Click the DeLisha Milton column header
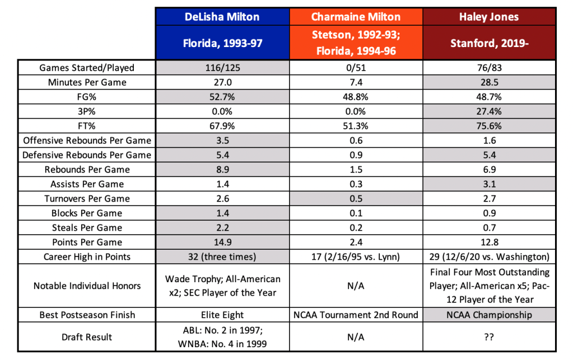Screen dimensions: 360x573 pos(222,17)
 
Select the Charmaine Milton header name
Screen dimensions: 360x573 pos(356,17)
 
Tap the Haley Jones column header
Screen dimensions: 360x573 pos(489,17)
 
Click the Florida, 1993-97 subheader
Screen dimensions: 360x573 pos(222,43)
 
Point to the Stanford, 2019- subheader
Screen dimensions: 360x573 pos(489,43)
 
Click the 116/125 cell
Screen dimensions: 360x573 pos(222,68)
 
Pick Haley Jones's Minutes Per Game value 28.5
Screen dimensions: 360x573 pos(489,82)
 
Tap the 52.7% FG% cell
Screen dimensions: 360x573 pos(222,97)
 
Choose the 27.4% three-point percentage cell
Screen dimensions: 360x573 pos(489,111)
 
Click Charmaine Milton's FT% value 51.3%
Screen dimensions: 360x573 pos(356,126)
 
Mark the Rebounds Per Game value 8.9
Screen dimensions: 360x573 pos(222,170)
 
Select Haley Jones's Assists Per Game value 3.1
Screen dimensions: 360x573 pos(489,184)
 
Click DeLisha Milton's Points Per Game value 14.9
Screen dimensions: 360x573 pos(222,242)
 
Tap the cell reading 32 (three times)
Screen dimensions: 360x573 pos(222,257)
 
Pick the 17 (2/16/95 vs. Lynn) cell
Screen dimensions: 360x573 pos(356,257)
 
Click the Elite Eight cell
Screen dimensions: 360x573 pos(222,315)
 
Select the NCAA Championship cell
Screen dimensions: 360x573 pos(489,315)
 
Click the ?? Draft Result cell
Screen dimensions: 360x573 pos(489,336)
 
